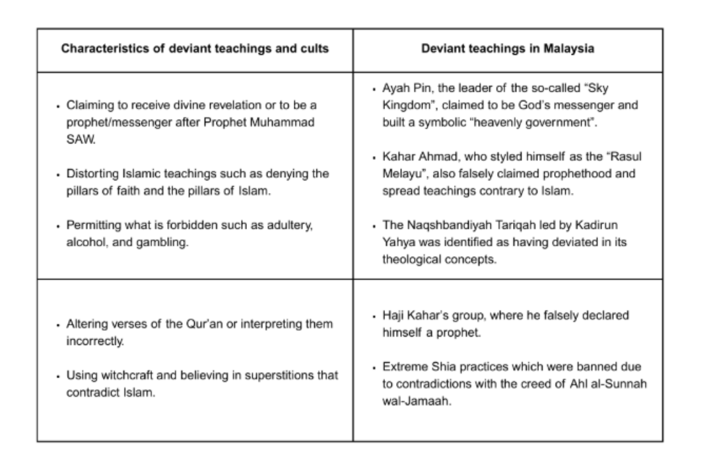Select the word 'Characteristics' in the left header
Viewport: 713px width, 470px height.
coord(94,50)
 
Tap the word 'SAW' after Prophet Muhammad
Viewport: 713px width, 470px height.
coord(78,137)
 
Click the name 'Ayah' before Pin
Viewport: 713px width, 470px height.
coord(395,89)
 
